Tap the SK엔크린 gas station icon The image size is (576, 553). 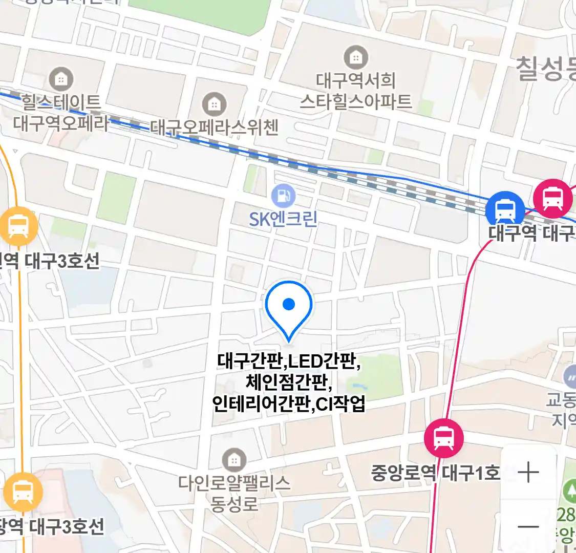pyautogui.click(x=283, y=196)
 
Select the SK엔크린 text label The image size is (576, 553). pyautogui.click(x=283, y=219)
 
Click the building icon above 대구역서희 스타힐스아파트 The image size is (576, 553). pyautogui.click(x=355, y=57)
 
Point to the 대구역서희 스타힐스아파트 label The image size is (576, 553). pyautogui.click(x=355, y=91)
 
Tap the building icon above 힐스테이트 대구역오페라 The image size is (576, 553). pyautogui.click(x=61, y=79)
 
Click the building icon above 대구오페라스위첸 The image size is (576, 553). pyautogui.click(x=214, y=104)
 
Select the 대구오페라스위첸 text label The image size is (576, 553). pyautogui.click(x=214, y=127)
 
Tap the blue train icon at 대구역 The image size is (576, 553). pyautogui.click(x=505, y=209)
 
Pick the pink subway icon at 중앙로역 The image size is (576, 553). pyautogui.click(x=443, y=438)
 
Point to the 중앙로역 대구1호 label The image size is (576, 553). pyautogui.click(x=435, y=472)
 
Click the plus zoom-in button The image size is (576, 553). pyautogui.click(x=528, y=472)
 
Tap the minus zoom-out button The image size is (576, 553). pyautogui.click(x=528, y=526)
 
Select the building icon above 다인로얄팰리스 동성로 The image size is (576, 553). pyautogui.click(x=234, y=460)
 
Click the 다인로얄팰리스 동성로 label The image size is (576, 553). pyautogui.click(x=234, y=493)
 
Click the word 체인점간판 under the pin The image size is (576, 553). pyautogui.click(x=289, y=382)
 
